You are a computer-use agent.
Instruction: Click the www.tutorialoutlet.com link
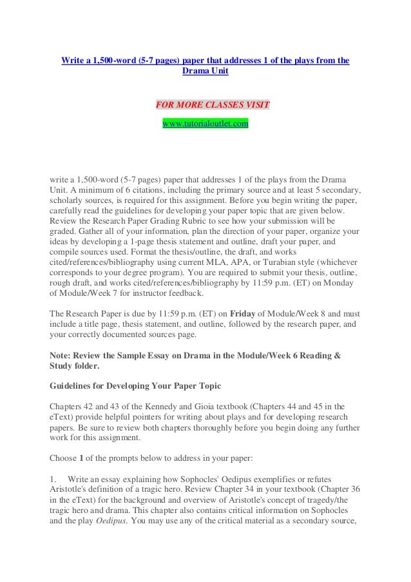point(205,122)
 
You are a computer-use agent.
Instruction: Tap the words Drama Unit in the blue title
point(205,73)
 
